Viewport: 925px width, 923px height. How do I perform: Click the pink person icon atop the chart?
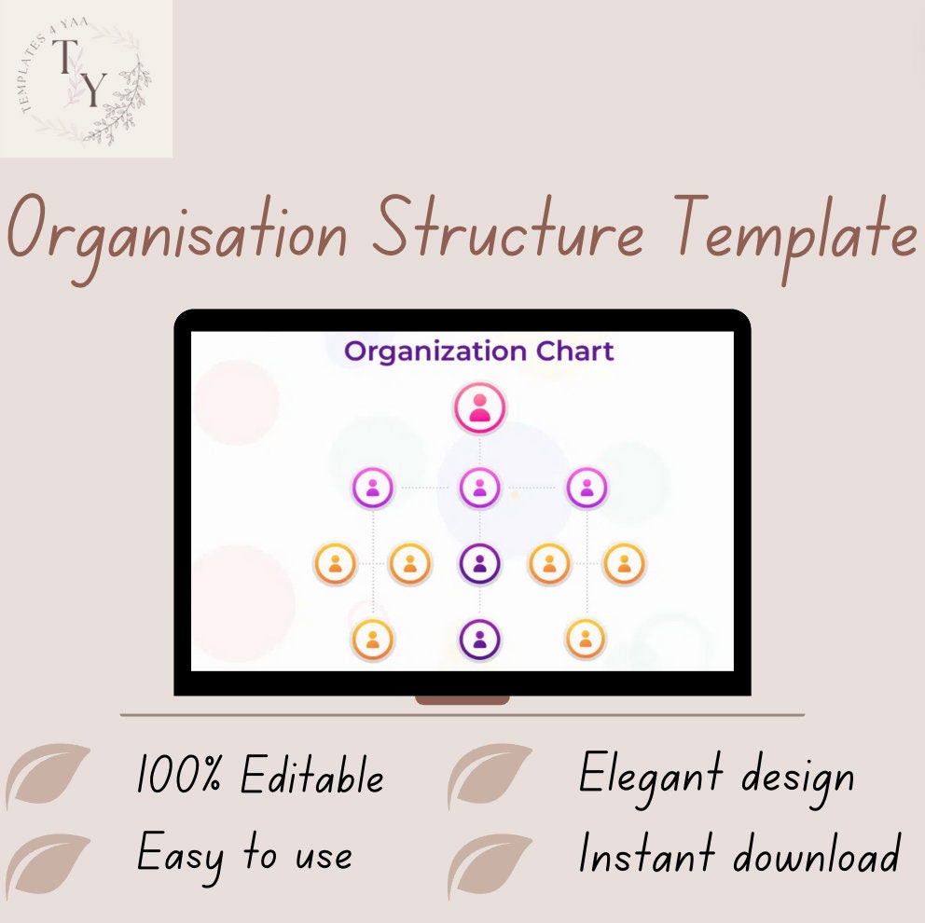(479, 408)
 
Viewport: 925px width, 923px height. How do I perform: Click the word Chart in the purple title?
(575, 351)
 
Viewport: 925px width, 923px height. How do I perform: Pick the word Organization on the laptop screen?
(435, 352)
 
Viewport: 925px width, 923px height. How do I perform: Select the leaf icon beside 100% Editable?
(48, 776)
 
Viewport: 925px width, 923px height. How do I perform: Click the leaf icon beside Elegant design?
(490, 776)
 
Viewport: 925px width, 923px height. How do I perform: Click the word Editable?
(311, 777)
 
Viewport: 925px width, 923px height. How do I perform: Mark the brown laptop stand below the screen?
(462, 700)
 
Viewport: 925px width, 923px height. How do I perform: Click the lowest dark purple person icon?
(480, 640)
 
